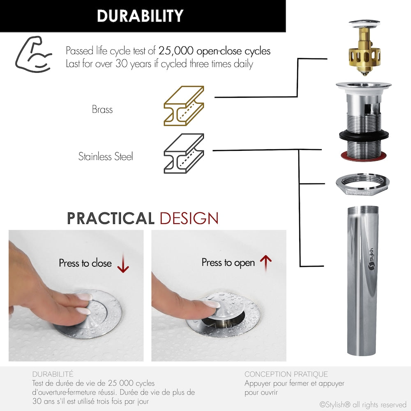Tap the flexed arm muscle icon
pyautogui.click(x=34, y=55)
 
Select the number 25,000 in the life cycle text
pyautogui.click(x=176, y=51)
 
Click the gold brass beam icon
pyautogui.click(x=184, y=106)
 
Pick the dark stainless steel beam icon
pyautogui.click(x=184, y=153)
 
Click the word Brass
pyautogui.click(x=102, y=109)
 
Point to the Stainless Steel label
pyautogui.click(x=106, y=157)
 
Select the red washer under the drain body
pyautogui.click(x=364, y=156)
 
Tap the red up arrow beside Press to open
pyautogui.click(x=266, y=263)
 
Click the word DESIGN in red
pyautogui.click(x=189, y=218)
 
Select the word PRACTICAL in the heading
pyautogui.click(x=111, y=218)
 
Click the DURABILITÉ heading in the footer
pyautogui.click(x=53, y=374)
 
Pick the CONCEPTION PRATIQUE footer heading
pyautogui.click(x=286, y=374)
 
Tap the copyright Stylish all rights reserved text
pyautogui.click(x=363, y=405)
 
